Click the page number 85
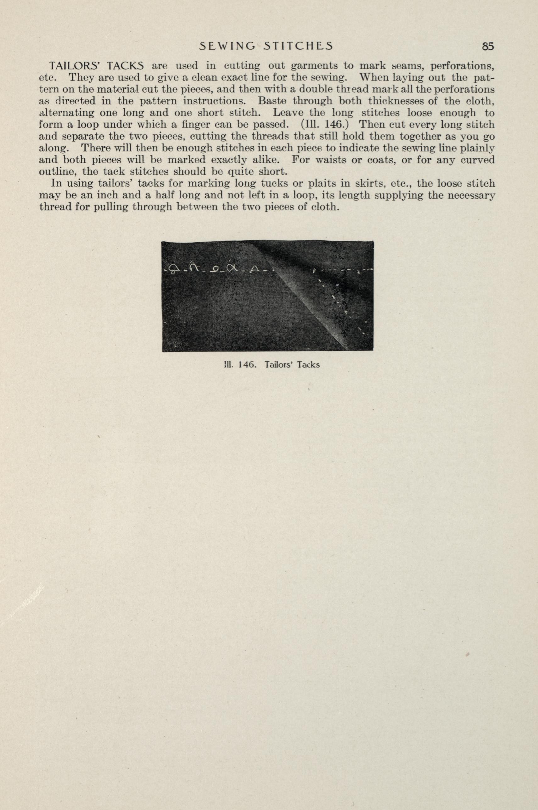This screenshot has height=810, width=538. click(488, 46)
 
